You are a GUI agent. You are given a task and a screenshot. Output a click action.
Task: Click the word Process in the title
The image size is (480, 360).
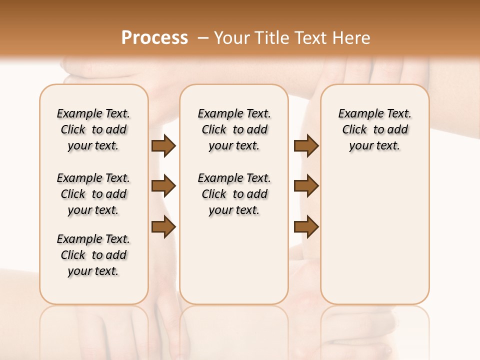pos(154,38)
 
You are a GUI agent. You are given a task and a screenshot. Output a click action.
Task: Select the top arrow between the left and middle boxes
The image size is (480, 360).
pos(163,145)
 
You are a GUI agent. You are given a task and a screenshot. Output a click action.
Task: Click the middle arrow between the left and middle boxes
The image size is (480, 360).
pos(163,186)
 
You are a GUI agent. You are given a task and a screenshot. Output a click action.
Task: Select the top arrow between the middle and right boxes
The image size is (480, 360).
pos(306,145)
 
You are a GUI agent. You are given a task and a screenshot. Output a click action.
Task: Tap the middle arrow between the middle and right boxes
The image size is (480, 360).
pos(306,186)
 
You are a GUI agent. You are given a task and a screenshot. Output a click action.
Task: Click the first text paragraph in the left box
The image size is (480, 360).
pos(93,129)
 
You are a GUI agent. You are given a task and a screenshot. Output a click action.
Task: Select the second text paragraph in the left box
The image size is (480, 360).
pos(93,194)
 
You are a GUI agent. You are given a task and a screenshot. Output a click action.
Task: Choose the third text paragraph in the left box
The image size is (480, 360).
pos(93,255)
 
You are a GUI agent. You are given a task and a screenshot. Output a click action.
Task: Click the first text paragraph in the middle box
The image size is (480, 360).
pos(234,129)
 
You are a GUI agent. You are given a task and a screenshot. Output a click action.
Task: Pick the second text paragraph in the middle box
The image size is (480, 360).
pos(234,194)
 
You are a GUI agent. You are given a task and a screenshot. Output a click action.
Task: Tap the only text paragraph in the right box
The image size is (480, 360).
pos(375,129)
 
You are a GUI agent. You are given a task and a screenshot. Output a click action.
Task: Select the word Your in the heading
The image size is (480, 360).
pos(231,38)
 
